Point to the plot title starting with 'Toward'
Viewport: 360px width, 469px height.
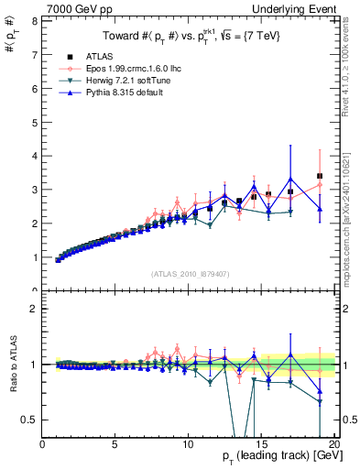[190, 36]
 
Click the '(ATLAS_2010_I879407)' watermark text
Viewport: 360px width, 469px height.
[190, 274]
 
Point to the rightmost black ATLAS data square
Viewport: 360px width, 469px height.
[320, 176]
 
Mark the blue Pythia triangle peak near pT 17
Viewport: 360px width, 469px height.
[290, 180]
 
